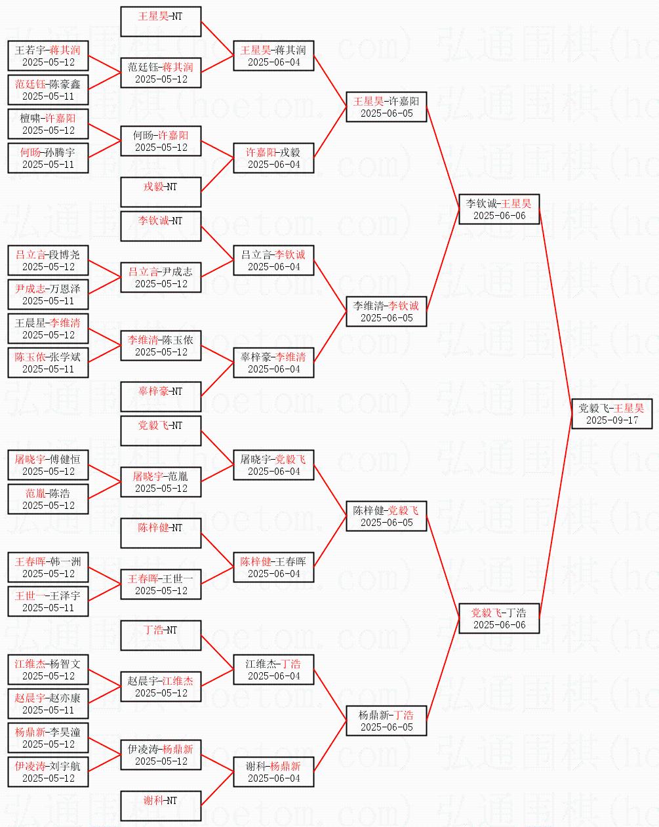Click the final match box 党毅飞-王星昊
coord(612,414)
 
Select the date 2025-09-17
coord(612,420)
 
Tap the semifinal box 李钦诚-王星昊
coord(499,209)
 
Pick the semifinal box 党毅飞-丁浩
coord(499,618)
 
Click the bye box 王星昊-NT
coord(161,22)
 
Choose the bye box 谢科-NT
coord(161,806)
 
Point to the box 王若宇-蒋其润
coord(48,56)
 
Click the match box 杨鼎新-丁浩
coord(386,721)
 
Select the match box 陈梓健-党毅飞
coord(386,516)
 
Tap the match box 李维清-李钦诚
coord(386,312)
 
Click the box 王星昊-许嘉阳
coord(386,107)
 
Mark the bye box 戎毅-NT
coord(161,192)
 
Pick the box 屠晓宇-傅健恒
coord(48,465)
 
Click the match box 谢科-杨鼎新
coord(273,772)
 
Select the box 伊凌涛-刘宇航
coord(48,772)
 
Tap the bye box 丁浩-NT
coord(161,635)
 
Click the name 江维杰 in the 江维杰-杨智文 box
coord(30,664)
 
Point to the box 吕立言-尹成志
coord(161,277)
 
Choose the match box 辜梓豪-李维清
coord(273,363)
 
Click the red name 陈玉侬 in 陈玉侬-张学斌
coord(30,357)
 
